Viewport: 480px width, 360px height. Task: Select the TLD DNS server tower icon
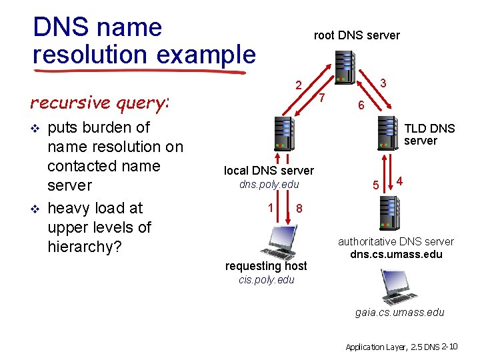388,133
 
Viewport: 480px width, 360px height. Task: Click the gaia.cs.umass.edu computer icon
398,287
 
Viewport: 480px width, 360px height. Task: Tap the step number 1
271,207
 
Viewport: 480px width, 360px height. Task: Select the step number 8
299,209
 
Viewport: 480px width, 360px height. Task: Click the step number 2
299,85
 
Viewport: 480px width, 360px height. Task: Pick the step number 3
383,83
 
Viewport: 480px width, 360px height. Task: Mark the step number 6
360,106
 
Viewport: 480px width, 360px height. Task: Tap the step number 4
399,180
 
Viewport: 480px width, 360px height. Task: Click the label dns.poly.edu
269,184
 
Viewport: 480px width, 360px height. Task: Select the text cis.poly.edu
266,279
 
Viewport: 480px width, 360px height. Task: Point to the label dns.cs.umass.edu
396,254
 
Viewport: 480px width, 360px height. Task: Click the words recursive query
99,103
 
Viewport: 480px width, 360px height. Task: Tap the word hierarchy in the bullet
80,247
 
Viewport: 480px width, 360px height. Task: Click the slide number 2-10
449,346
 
